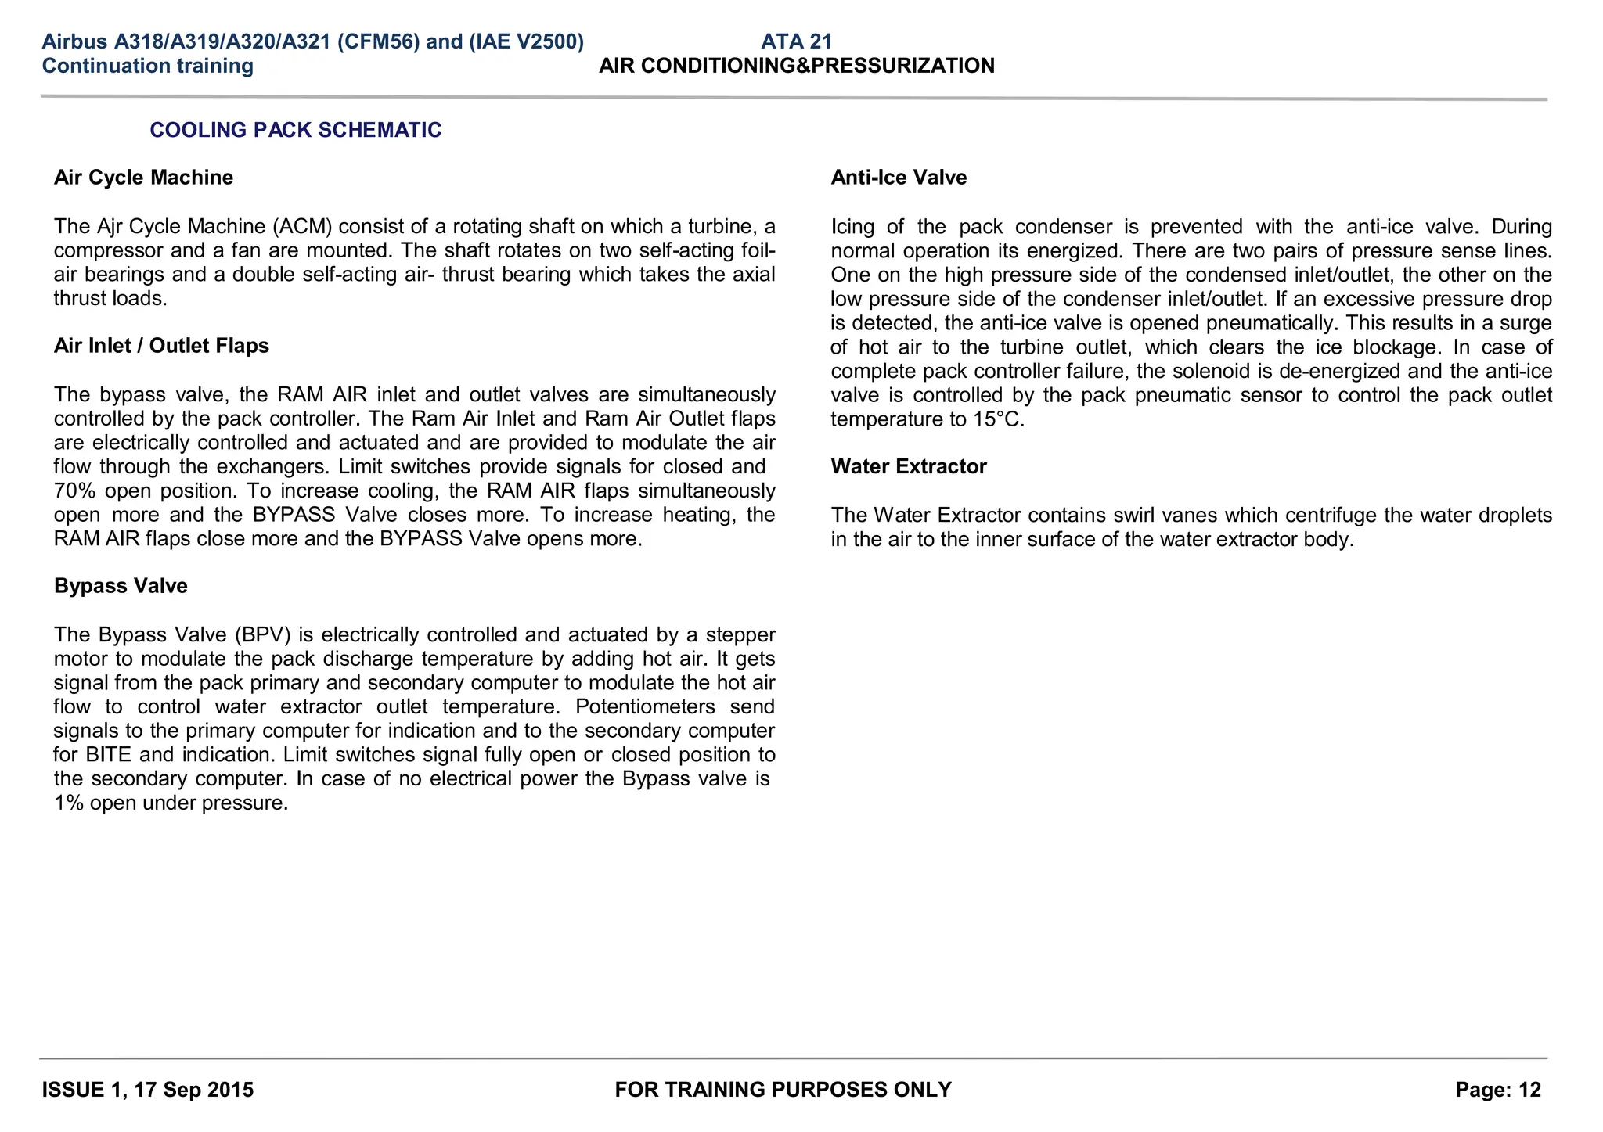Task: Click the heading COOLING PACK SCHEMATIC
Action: [295, 130]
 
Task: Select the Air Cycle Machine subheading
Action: [143, 178]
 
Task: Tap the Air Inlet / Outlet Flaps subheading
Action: [161, 346]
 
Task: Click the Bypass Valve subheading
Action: [121, 586]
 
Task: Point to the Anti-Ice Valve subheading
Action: [899, 178]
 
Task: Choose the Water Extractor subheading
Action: [909, 466]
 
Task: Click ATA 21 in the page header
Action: [796, 41]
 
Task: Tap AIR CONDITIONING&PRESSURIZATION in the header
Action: [797, 66]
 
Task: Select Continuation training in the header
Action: [147, 66]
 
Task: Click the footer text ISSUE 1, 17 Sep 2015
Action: [147, 1090]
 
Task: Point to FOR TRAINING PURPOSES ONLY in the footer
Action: [783, 1090]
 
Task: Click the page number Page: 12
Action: [1498, 1090]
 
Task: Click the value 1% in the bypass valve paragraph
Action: [69, 803]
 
